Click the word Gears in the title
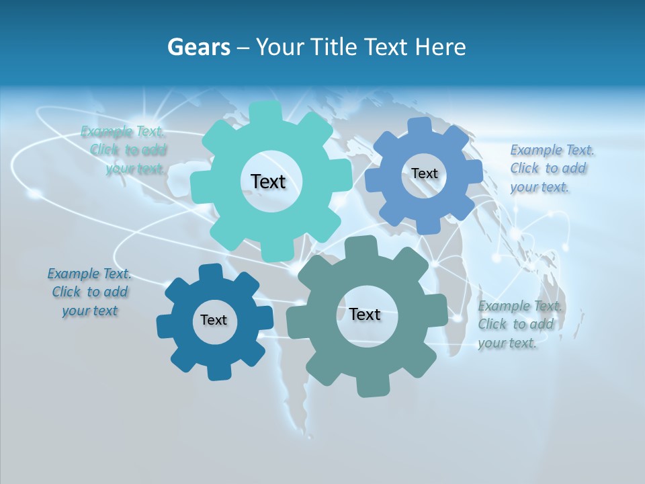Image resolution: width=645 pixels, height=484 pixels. click(198, 47)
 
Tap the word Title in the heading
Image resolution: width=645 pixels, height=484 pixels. click(334, 47)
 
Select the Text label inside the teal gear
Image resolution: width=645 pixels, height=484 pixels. click(268, 182)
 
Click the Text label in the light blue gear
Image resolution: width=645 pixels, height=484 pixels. click(424, 173)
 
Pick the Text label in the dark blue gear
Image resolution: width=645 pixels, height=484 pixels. click(214, 320)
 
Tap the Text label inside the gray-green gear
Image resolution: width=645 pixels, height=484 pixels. click(365, 314)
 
